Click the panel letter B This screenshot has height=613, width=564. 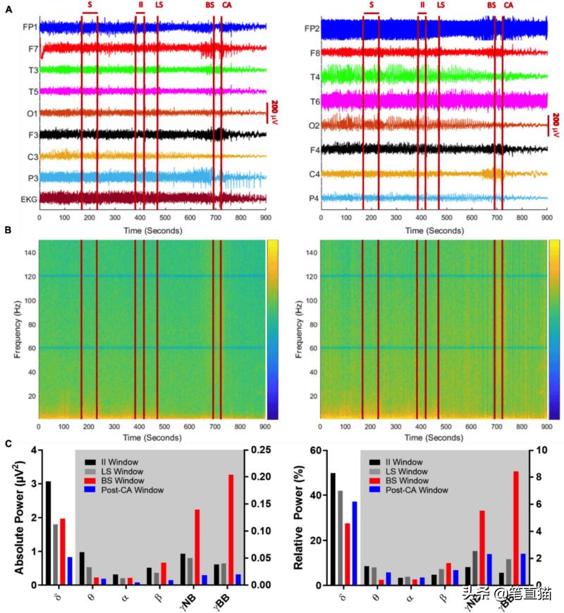pyautogui.click(x=8, y=230)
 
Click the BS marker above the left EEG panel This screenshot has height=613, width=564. pyautogui.click(x=210, y=5)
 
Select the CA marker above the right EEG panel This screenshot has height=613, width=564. pyautogui.click(x=508, y=5)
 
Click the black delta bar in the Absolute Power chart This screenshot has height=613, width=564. pyautogui.click(x=48, y=533)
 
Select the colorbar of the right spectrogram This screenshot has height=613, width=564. pyautogui.click(x=554, y=330)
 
